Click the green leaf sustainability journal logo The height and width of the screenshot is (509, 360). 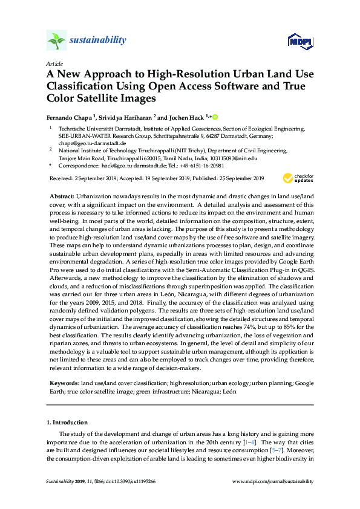coord(56,41)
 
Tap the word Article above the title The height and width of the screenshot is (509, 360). coord(54,63)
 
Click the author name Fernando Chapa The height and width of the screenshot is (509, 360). coord(68,116)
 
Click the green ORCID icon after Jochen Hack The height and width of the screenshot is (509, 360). coord(214,116)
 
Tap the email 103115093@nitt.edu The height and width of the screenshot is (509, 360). coord(235,158)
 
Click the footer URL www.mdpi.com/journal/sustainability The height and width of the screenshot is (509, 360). coord(273,481)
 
